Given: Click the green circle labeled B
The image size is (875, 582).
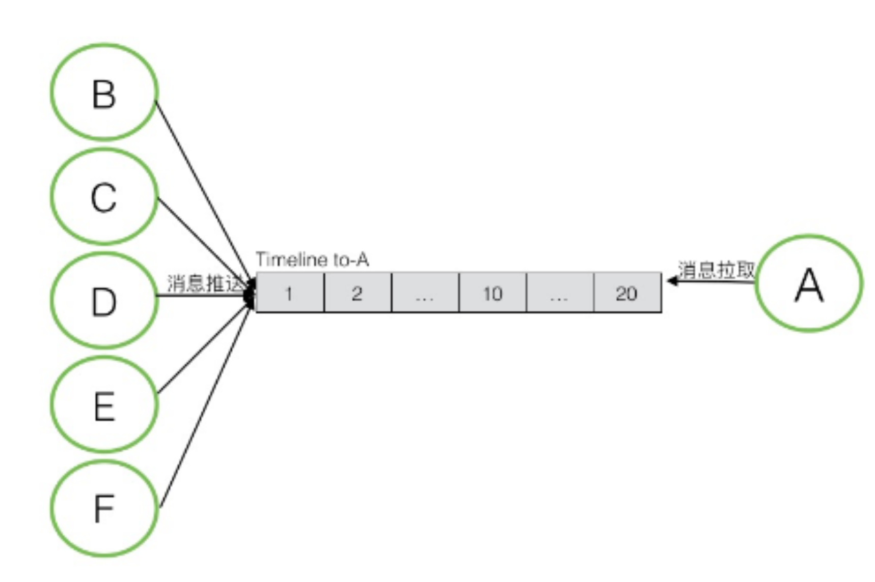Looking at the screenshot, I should tap(104, 92).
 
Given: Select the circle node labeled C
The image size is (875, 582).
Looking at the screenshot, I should tap(104, 197).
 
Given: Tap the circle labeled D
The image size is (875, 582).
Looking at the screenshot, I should tap(104, 301).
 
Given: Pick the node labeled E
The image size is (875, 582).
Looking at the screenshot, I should tap(104, 405).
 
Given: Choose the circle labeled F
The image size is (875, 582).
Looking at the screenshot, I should tap(104, 508).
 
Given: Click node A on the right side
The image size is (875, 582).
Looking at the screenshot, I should tap(808, 283).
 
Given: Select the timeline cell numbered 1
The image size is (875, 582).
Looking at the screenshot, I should tap(289, 293).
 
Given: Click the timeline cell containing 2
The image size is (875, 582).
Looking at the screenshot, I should tap(357, 293).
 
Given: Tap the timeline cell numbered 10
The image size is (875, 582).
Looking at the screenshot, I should tap(492, 293).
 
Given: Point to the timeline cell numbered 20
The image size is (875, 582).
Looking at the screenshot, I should tap(627, 293).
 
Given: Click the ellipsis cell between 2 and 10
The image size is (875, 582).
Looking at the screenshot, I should tap(425, 293).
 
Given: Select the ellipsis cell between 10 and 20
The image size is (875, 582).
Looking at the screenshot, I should tap(559, 293).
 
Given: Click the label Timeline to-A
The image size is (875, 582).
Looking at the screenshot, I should tap(312, 259).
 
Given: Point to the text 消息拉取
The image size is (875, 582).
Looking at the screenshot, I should tap(716, 270).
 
